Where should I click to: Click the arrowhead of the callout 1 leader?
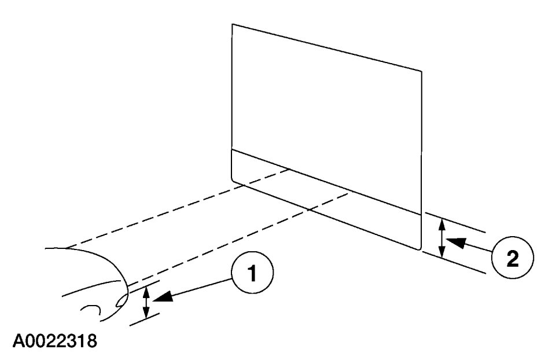165,297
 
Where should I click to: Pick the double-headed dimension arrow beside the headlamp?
147,301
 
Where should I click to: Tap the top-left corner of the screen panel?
232,24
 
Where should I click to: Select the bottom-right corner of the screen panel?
420,249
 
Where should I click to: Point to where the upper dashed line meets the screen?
289,169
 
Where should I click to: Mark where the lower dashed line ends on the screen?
348,194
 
